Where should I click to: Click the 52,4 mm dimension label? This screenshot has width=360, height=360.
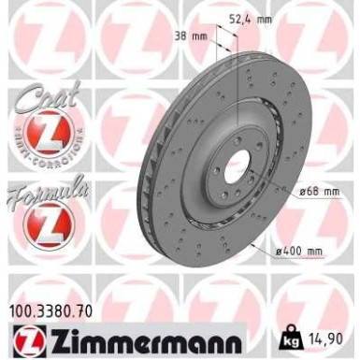click(x=250, y=16)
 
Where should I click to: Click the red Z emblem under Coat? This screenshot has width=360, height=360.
click(x=40, y=134)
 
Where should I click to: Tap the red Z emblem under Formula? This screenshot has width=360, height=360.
click(x=40, y=224)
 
